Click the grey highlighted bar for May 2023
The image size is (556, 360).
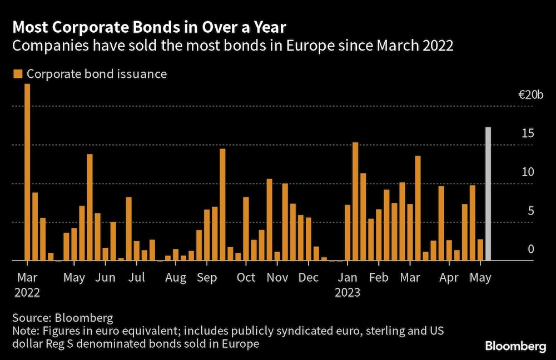coord(488,194)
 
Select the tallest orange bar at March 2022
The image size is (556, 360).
coord(27,172)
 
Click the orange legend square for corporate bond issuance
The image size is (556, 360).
coord(18,74)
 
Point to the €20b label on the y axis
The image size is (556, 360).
coord(531,96)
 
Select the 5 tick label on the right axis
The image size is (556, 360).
coord(531,211)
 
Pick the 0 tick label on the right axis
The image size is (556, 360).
coord(531,249)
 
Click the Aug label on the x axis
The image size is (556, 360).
coord(176,278)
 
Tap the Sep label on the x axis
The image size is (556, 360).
coord(207,278)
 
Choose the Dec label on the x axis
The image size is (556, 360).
coord(308,278)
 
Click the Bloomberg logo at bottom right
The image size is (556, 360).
coord(515,347)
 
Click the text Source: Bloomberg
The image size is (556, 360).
coord(62,318)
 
